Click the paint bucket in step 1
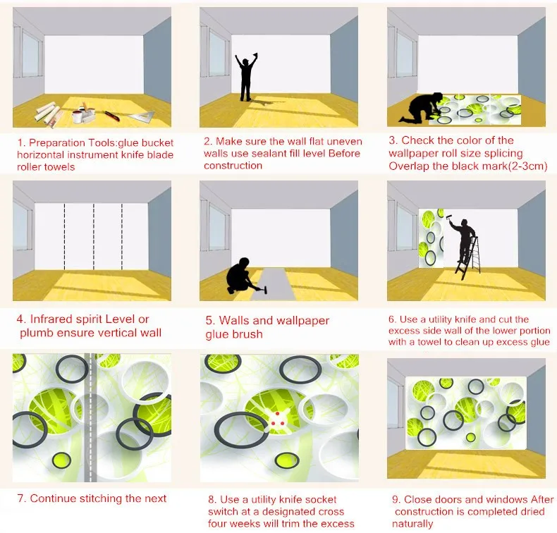77,116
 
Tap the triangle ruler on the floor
143,116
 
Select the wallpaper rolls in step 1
49,114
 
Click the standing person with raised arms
246,77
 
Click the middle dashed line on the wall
94,236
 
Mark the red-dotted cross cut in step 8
277,419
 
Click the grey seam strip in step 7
90,417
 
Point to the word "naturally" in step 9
412,524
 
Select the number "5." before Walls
211,320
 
